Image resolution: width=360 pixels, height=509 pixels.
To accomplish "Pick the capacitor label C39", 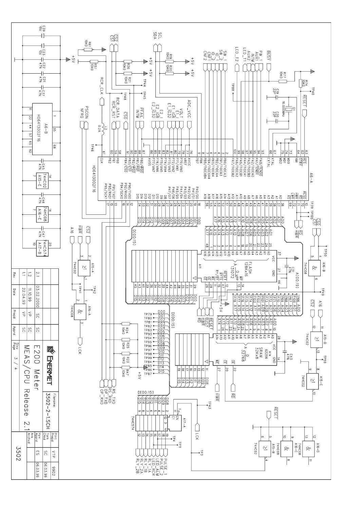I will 44,29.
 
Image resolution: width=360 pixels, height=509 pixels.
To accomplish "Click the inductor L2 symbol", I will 100,131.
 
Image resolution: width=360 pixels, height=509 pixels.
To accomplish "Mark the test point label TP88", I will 233,88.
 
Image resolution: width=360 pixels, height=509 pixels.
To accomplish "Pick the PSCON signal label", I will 87,111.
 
